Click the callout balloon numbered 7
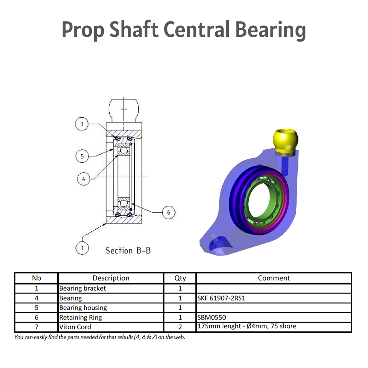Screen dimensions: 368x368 click(82, 124)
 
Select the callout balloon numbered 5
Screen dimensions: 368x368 click(82, 156)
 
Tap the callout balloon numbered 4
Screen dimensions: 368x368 click(84, 179)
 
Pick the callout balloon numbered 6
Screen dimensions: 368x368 click(169, 212)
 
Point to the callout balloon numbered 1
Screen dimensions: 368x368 click(82, 248)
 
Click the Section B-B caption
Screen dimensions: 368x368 click(128, 251)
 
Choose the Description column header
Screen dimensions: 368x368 click(111, 278)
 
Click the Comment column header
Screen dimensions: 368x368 click(274, 278)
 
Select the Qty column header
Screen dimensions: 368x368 click(180, 278)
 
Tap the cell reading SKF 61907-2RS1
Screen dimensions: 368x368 click(221, 298)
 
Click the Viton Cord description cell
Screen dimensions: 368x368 click(75, 327)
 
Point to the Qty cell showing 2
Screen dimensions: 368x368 click(180, 327)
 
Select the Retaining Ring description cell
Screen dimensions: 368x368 click(80, 317)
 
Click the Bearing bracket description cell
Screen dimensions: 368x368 click(82, 289)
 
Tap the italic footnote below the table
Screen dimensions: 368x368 click(99, 337)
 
